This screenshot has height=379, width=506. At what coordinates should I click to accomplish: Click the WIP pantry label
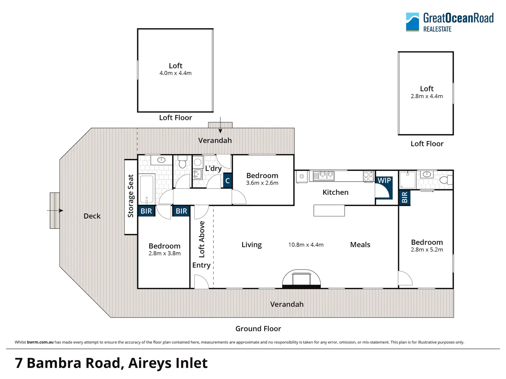(x=384, y=181)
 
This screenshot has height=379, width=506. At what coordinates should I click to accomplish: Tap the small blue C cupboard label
(x=227, y=181)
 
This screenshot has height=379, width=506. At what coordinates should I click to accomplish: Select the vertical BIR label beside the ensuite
(x=405, y=197)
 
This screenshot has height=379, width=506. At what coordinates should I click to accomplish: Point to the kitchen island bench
(x=329, y=210)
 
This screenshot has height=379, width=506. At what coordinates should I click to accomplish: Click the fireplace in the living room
(x=301, y=279)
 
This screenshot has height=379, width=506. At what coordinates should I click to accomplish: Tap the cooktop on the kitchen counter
(x=368, y=176)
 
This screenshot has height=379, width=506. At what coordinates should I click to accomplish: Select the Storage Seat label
(x=131, y=196)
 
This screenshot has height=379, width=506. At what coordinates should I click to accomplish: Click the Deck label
(x=92, y=216)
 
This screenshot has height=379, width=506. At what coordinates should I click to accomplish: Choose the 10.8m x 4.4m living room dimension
(x=306, y=245)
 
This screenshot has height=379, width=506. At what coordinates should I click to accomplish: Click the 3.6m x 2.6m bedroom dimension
(x=262, y=183)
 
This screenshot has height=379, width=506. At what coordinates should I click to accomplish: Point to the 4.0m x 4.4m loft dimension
(x=175, y=73)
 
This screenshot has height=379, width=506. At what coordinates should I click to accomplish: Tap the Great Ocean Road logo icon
(x=412, y=22)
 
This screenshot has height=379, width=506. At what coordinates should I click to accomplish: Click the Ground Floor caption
(x=258, y=329)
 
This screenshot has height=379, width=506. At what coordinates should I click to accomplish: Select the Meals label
(x=360, y=245)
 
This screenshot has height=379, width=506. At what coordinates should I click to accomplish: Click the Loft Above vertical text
(x=202, y=239)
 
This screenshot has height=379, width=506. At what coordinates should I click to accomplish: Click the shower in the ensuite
(x=408, y=180)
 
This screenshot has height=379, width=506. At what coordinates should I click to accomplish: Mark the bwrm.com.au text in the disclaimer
(x=40, y=342)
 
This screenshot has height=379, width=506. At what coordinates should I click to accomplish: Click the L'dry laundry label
(x=213, y=169)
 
